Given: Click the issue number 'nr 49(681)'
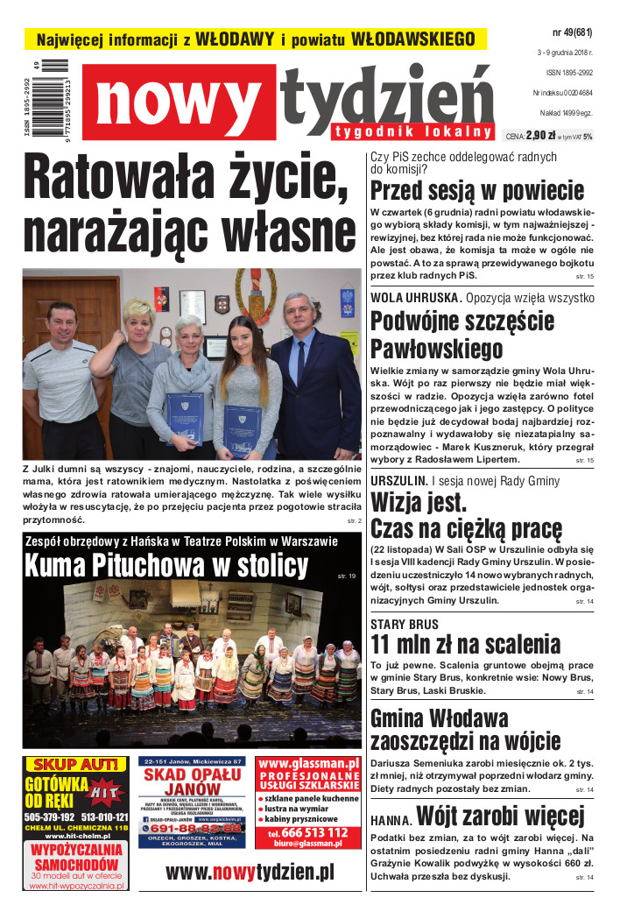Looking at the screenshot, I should pos(572,33).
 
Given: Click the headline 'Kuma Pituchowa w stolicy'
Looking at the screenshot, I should pos(166,565).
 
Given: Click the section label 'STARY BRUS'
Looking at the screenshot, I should pos(405,624).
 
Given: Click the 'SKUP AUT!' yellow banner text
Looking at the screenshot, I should pos(75,764).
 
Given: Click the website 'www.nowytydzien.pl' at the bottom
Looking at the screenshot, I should pos(250,872).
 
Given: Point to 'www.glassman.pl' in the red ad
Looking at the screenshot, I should pos(309,764).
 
